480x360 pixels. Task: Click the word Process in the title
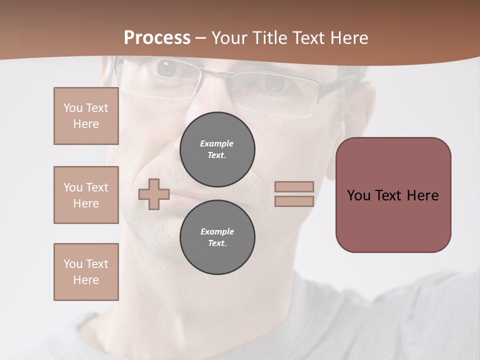coord(157,38)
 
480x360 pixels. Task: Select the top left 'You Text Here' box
coord(86,116)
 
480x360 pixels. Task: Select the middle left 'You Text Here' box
coord(86,195)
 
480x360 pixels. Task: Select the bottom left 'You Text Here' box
coord(86,272)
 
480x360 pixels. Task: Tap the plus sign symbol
coord(154,194)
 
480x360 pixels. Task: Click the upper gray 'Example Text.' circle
coord(217,149)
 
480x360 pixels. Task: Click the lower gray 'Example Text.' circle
coord(217,237)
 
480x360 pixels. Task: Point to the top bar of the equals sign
coord(294,186)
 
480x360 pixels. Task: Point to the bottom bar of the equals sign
coord(294,201)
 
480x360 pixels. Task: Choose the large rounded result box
coord(393,195)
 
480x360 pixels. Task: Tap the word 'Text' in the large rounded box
coord(388,195)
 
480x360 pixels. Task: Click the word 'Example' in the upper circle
coord(217,143)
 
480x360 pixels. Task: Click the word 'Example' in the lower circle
coord(217,231)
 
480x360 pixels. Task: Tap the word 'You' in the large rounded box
coord(358,195)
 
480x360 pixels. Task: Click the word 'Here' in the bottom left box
coord(86,280)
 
